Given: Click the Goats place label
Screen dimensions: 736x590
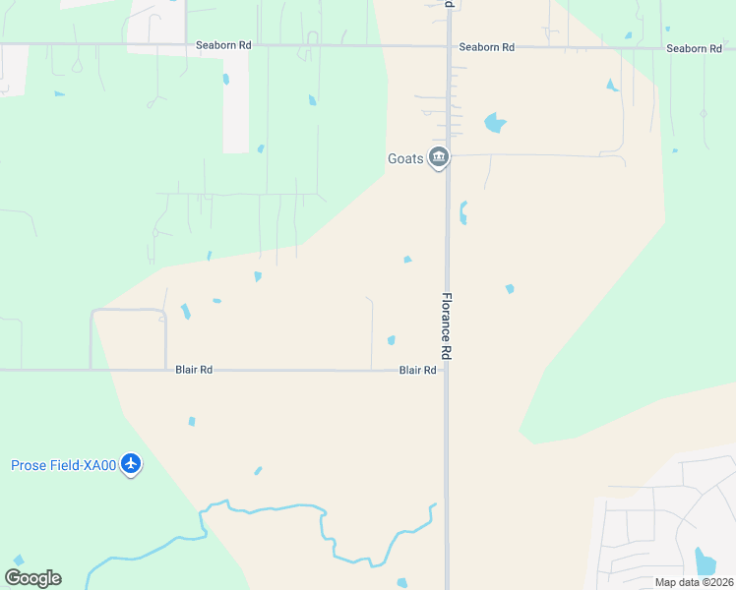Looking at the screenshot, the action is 405,157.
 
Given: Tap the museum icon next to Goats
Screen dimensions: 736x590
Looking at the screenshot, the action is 439,157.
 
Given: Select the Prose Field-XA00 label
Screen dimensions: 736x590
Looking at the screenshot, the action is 64,465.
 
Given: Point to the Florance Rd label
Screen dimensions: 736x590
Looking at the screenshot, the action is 446,325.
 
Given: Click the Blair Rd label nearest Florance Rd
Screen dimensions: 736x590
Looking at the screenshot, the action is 417,371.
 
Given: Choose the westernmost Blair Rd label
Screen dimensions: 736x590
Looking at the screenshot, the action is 194,371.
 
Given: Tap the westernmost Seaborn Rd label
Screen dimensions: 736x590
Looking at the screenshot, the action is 223,45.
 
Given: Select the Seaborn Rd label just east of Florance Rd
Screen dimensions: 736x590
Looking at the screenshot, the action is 487,47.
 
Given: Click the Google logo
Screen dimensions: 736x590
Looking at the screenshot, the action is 32,578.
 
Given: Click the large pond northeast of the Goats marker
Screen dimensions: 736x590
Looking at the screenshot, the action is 494,124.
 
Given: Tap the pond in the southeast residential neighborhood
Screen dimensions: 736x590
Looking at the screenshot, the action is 705,561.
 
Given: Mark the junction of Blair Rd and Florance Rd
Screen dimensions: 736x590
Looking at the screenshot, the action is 447,371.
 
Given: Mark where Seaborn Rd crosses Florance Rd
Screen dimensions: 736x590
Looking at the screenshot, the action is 448,46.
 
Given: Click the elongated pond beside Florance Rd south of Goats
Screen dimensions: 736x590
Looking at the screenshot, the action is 461,212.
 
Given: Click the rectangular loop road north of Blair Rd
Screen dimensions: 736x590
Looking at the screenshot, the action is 128,311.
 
